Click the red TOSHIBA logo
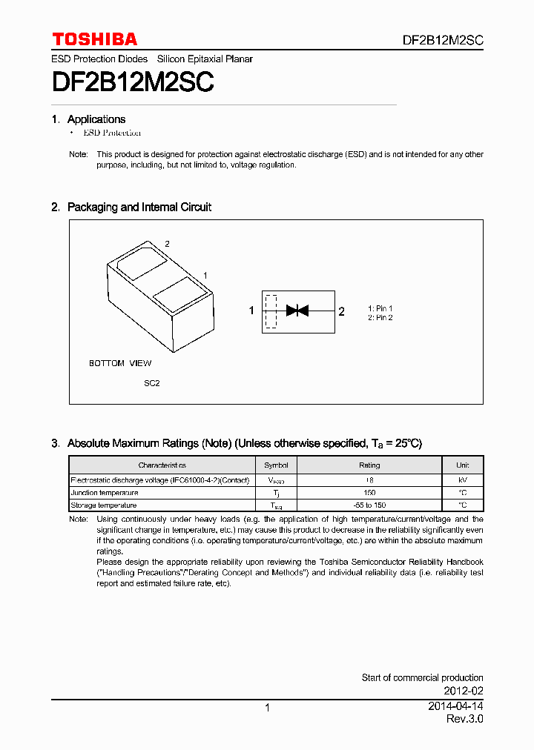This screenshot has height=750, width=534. [94, 39]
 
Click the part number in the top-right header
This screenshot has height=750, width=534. [443, 41]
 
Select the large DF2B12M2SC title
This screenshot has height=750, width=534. [133, 82]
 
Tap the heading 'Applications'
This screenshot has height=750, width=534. [96, 119]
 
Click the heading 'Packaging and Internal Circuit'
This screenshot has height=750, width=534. [139, 208]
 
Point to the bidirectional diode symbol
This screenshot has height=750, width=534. [297, 311]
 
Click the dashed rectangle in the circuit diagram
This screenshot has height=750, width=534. [271, 311]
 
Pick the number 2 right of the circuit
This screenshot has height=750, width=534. [341, 311]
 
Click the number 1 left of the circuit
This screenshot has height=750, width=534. [251, 311]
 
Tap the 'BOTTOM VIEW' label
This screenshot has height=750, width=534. [120, 363]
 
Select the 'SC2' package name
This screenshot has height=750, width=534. [152, 383]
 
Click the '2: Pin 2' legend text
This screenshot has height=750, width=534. [380, 318]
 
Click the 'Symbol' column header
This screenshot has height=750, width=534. [276, 465]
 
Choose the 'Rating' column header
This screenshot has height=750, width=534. [369, 465]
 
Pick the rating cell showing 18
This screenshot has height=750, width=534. [369, 479]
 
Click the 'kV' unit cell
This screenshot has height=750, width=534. [463, 479]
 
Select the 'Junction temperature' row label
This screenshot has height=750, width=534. [105, 492]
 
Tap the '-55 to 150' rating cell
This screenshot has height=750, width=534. [369, 505]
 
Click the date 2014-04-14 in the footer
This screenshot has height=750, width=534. [455, 706]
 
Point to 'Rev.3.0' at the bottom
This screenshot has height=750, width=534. [464, 720]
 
